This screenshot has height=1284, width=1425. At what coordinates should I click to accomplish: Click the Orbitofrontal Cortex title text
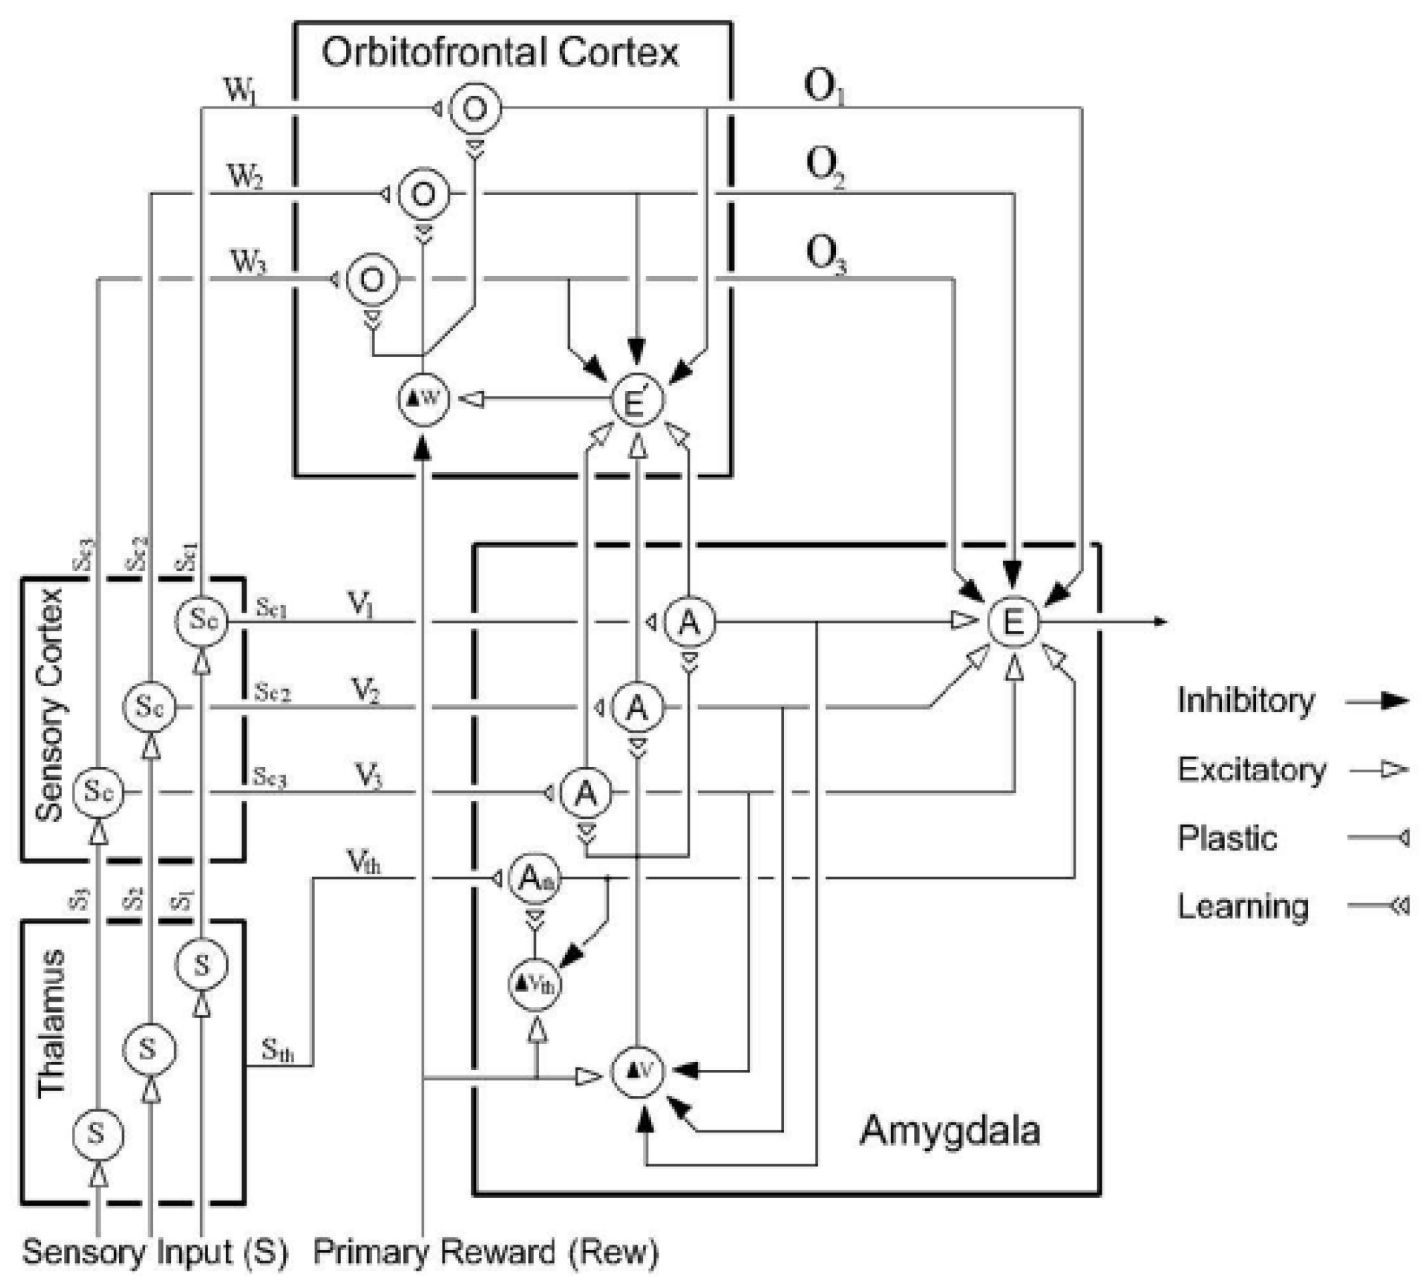tap(499, 52)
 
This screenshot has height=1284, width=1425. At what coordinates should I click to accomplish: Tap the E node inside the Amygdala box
tap(1013, 621)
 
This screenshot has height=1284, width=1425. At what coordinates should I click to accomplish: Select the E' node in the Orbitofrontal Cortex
tap(636, 399)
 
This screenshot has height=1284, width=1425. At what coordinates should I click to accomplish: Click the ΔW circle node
tap(423, 399)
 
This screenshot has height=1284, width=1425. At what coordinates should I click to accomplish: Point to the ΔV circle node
tap(637, 1071)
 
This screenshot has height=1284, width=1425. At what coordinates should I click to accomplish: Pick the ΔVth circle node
tap(535, 983)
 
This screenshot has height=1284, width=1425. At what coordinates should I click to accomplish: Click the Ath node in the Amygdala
tap(535, 878)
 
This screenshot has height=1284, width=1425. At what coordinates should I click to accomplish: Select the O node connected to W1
tap(475, 108)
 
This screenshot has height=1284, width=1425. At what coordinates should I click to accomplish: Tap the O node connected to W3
tap(372, 280)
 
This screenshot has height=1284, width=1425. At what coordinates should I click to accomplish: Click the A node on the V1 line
tap(688, 621)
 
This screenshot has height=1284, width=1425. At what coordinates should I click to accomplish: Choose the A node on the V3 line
tap(585, 793)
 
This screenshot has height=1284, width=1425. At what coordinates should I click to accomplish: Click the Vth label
tap(363, 862)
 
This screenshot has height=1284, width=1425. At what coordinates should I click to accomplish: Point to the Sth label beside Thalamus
tap(277, 1050)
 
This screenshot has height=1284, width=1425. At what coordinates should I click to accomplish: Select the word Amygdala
tap(949, 1130)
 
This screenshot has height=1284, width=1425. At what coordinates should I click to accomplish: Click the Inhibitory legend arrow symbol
tap(1376, 701)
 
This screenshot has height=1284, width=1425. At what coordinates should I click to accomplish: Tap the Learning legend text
tap(1243, 906)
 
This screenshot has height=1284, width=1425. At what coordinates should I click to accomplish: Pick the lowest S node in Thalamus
tap(98, 1134)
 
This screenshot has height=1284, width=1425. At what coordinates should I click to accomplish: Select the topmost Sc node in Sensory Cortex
tap(201, 619)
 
